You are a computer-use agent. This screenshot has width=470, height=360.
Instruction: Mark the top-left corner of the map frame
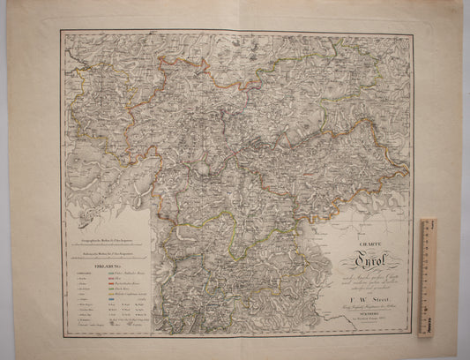(x=61, y=31)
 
